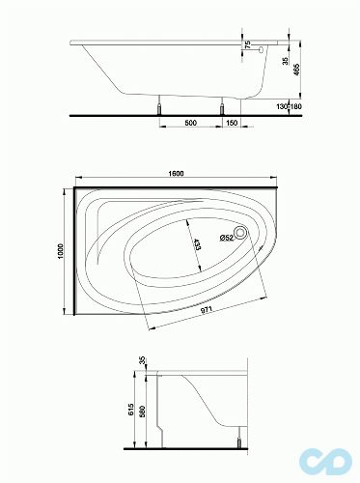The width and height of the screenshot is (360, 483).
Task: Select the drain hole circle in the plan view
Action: click(x=241, y=232)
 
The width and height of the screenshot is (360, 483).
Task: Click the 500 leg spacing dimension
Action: click(x=191, y=123)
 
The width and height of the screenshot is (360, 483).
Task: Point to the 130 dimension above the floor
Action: click(x=283, y=106)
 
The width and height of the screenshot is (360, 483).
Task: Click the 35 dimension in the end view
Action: click(x=143, y=361)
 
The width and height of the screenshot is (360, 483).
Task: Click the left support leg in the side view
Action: click(x=159, y=104)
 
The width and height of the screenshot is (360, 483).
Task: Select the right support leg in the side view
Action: click(x=224, y=104)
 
